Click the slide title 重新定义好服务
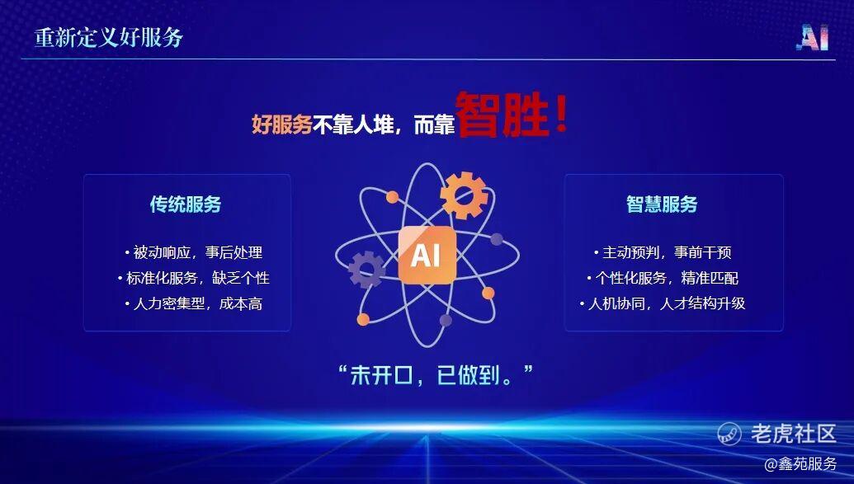[x=108, y=38]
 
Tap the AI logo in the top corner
[x=812, y=38]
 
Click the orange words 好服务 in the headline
[x=281, y=125]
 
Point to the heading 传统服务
[x=186, y=204]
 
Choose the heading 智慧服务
[x=662, y=204]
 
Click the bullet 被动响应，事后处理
[x=193, y=252]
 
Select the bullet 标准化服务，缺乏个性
[x=193, y=278]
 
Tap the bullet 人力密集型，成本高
[x=193, y=303]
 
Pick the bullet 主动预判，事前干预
[x=663, y=252]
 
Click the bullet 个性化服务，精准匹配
[x=663, y=278]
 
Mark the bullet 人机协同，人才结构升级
[x=663, y=303]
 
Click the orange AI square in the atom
[x=427, y=255]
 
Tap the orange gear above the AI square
[x=464, y=195]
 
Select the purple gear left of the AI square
[x=366, y=269]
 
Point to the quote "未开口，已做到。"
[x=435, y=374]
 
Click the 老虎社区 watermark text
[x=794, y=434]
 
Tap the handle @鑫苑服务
[x=800, y=464]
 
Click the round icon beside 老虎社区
[x=729, y=434]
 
